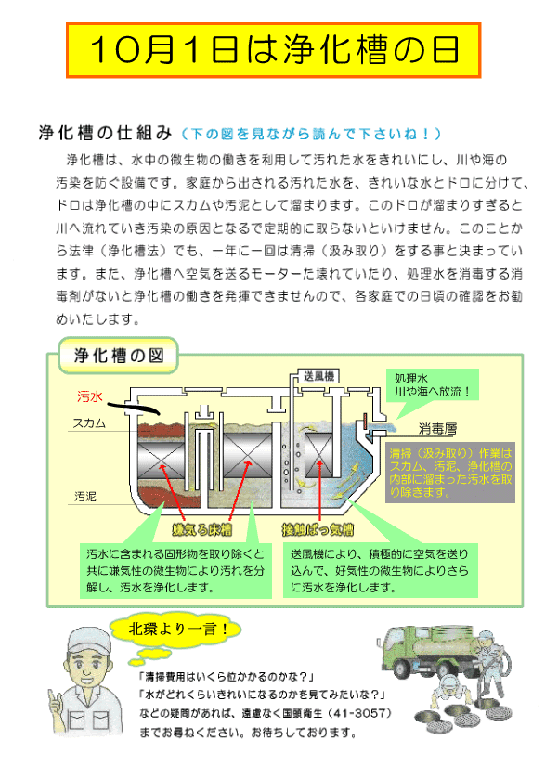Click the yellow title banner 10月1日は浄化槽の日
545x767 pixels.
[274, 50]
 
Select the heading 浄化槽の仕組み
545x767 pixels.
[105, 133]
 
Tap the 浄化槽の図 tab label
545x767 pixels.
[119, 356]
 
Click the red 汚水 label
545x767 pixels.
[89, 396]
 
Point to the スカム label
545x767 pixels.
[89, 423]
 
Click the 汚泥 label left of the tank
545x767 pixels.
[85, 497]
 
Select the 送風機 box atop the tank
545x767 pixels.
[319, 376]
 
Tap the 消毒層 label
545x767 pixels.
[437, 429]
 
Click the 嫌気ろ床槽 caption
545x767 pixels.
[201, 530]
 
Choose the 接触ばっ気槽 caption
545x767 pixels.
[318, 530]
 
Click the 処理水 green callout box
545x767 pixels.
[433, 385]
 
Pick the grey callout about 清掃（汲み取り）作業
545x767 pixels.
[450, 473]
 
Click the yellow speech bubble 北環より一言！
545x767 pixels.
[176, 629]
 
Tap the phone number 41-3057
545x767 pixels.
[359, 714]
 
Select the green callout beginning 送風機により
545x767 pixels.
[380, 571]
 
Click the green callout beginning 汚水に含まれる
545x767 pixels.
[175, 571]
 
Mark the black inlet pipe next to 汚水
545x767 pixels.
[132, 407]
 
